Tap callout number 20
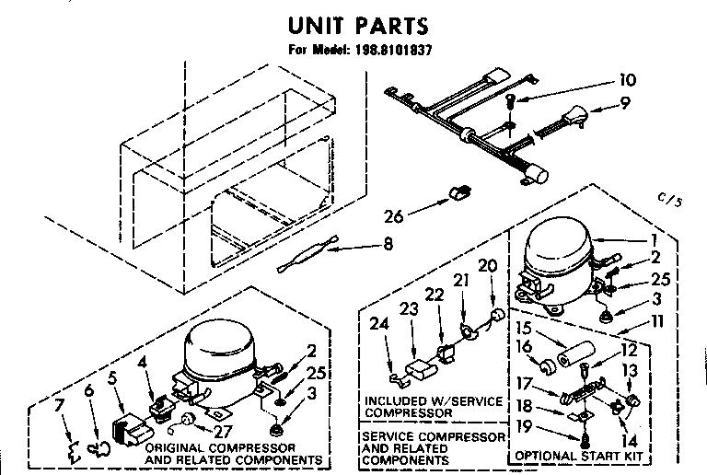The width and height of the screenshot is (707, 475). pyautogui.click(x=488, y=265)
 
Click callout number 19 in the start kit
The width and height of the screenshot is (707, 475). pyautogui.click(x=524, y=426)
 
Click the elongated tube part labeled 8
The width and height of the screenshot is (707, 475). pyautogui.click(x=307, y=255)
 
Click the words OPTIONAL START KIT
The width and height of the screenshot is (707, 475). pyautogui.click(x=577, y=456)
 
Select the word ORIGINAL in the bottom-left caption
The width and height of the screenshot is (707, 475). pyautogui.click(x=171, y=446)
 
